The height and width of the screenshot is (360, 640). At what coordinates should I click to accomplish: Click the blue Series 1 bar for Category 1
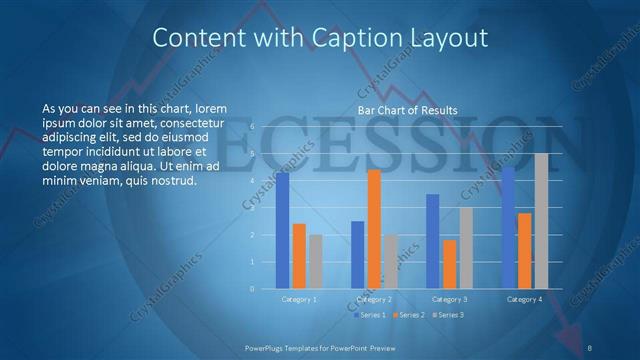pos(283,231)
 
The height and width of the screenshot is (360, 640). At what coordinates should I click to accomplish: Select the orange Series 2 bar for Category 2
pos(374,229)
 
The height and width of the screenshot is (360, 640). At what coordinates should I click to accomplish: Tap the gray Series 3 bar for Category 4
pos(541,221)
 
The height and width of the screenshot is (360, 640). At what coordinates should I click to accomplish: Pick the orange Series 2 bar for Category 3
pos(450,264)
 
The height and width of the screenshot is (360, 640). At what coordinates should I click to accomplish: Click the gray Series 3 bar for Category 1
pos(315,262)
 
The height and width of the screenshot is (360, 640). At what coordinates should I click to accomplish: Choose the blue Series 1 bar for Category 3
pos(433,241)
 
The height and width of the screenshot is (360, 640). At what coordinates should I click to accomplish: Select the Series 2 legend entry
pos(408,315)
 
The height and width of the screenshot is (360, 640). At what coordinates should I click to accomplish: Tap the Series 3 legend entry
pos(450,315)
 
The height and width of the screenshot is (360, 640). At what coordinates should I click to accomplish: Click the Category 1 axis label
pos(299,299)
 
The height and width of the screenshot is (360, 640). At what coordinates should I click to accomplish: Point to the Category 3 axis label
pos(450,299)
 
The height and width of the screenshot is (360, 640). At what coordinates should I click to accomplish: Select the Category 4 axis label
pos(525,299)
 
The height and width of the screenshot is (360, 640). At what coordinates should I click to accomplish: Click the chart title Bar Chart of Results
pos(408,110)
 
